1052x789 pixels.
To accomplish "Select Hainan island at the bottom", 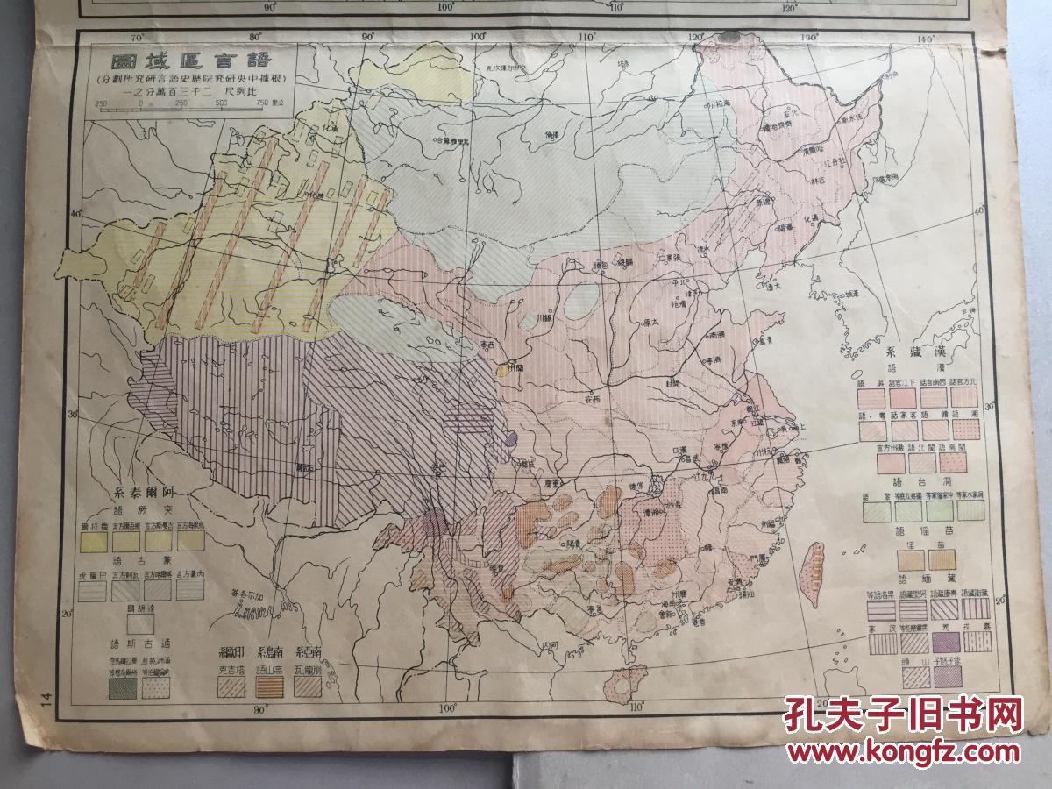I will point(623,683).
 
